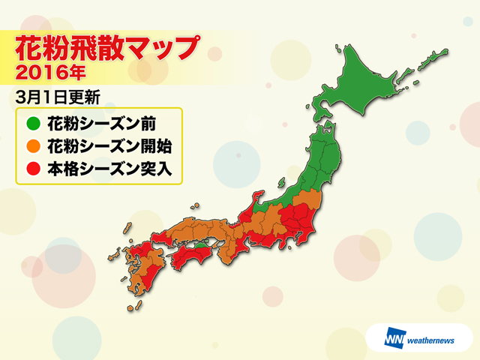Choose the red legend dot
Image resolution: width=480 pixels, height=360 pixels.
[31, 169]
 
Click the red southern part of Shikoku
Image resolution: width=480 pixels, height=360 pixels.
[187, 262]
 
